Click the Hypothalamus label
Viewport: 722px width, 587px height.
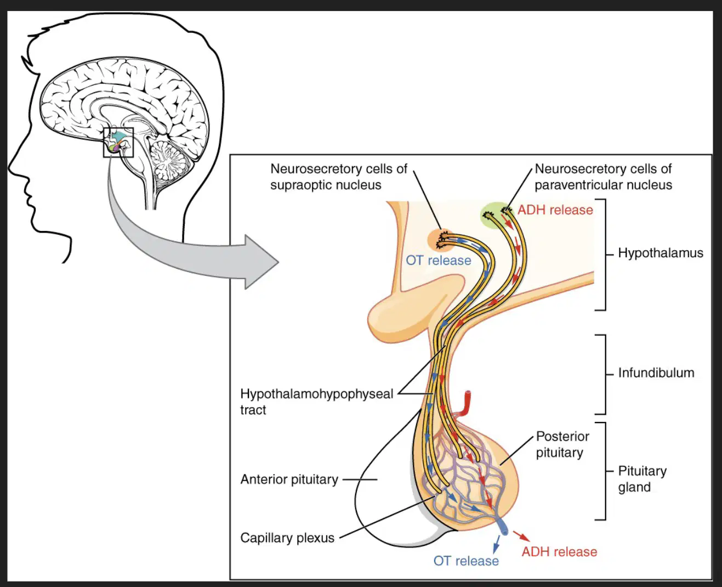[660, 253]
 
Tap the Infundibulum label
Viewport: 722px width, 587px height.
[656, 372]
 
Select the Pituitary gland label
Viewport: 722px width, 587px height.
[642, 479]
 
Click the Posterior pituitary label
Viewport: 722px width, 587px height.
[562, 444]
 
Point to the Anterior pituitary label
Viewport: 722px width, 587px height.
[289, 479]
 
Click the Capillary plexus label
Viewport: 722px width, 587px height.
[287, 538]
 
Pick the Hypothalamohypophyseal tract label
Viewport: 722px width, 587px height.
[317, 402]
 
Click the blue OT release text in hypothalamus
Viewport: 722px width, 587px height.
[438, 261]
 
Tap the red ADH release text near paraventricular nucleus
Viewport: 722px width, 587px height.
[555, 210]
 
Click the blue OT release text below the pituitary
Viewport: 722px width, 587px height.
[466, 561]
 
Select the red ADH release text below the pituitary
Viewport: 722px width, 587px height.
[559, 552]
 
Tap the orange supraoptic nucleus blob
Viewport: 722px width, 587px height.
[441, 240]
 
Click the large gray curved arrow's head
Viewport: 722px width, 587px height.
[261, 262]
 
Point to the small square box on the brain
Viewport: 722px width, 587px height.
[118, 143]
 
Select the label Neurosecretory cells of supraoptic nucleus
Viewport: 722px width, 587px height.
[339, 177]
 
